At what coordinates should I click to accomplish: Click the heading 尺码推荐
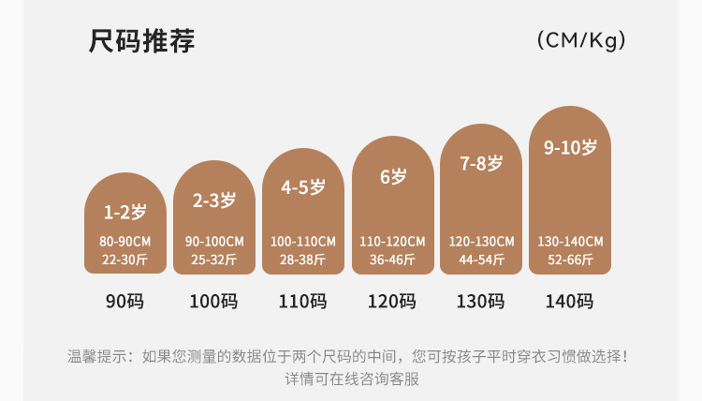pyautogui.click(x=142, y=42)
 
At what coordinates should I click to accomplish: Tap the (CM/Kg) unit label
pyautogui.click(x=581, y=40)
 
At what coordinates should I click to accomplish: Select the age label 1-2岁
pyautogui.click(x=124, y=212)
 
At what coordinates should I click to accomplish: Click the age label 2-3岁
pyautogui.click(x=214, y=200)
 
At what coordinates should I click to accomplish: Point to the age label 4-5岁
pyautogui.click(x=303, y=187)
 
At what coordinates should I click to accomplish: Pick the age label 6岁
pyautogui.click(x=393, y=176)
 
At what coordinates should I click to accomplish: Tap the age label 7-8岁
pyautogui.click(x=482, y=163)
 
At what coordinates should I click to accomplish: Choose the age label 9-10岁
pyautogui.click(x=571, y=148)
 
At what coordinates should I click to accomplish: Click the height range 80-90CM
pyautogui.click(x=124, y=242)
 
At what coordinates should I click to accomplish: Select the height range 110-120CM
pyautogui.click(x=393, y=242)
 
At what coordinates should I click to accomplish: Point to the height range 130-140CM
pyautogui.click(x=571, y=242)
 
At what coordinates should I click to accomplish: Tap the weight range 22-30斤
pyautogui.click(x=124, y=260)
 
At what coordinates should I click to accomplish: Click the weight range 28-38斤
pyautogui.click(x=303, y=260)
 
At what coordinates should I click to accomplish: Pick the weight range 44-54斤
pyautogui.click(x=482, y=260)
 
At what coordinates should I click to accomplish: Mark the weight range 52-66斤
pyautogui.click(x=571, y=260)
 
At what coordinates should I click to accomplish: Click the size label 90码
pyautogui.click(x=124, y=302)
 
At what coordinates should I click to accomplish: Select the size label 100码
pyautogui.click(x=214, y=302)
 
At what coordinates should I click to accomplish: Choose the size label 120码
pyautogui.click(x=393, y=302)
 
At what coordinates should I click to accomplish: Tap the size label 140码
pyautogui.click(x=571, y=302)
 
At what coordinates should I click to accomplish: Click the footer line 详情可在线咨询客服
pyautogui.click(x=351, y=379)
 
